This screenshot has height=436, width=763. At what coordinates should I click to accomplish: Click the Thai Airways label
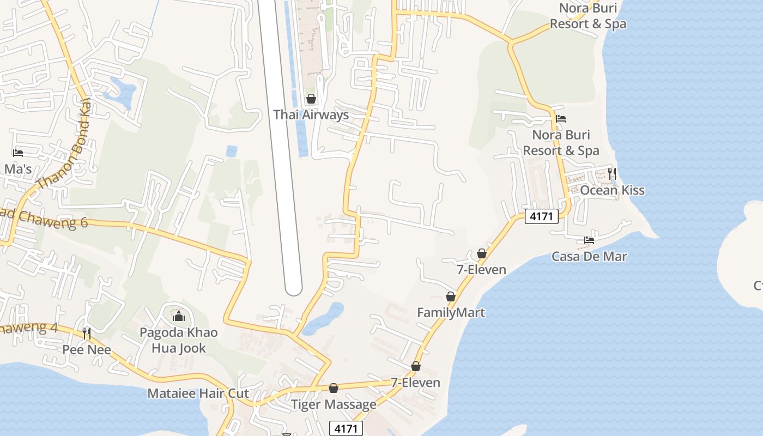click(311, 114)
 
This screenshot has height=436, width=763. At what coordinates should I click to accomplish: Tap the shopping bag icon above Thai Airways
click(311, 99)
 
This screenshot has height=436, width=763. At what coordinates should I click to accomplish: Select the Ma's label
click(18, 169)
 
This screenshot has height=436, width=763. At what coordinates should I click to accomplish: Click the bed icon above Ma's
click(18, 153)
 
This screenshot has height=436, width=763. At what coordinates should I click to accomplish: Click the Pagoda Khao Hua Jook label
click(178, 340)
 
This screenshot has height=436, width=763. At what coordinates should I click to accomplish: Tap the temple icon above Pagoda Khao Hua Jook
click(178, 316)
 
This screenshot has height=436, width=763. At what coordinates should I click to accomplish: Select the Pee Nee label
click(87, 349)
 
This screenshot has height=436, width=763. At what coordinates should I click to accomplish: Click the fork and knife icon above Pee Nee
click(87, 333)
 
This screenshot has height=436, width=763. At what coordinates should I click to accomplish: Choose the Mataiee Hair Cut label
click(198, 393)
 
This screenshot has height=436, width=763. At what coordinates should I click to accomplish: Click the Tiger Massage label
click(334, 404)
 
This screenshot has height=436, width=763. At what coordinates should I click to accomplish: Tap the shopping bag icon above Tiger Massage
click(334, 388)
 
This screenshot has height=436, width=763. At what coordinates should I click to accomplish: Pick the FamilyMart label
click(451, 312)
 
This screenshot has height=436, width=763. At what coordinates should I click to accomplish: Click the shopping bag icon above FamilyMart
click(451, 296)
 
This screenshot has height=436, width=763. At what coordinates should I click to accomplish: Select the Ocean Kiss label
click(612, 190)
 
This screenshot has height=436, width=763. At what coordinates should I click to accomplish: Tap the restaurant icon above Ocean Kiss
click(612, 174)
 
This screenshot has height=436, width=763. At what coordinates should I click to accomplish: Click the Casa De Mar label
click(589, 256)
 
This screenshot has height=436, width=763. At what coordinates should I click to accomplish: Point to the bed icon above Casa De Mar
click(589, 240)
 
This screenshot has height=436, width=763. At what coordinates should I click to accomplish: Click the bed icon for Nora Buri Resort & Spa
click(561, 119)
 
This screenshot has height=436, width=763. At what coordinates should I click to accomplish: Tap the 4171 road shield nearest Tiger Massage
click(346, 428)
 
